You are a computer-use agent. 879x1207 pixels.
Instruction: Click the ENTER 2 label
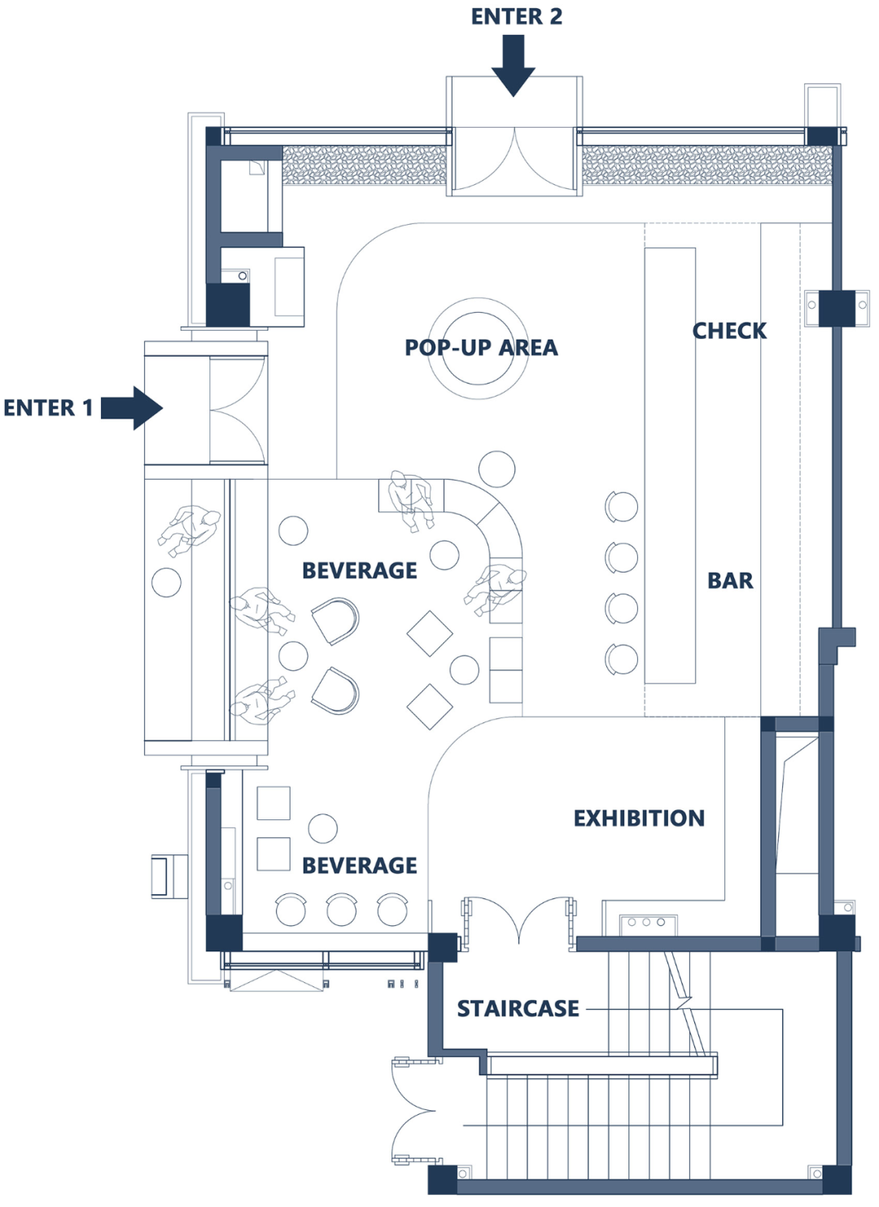coord(517,16)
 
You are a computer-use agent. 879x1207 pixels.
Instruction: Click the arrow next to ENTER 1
coord(132,408)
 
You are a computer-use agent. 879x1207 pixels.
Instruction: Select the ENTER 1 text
coord(49,408)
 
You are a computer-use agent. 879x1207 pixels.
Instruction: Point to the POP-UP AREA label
coord(481,348)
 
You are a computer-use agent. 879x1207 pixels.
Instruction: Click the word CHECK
coord(729,331)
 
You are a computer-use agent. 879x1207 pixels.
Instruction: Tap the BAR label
coord(730,581)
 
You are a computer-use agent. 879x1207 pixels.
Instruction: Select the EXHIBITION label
coord(639,818)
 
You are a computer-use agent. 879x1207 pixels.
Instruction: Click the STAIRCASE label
coord(518,1008)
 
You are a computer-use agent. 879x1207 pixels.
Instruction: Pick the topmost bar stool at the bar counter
coord(622,507)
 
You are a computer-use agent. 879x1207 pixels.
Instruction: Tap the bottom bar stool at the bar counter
coord(622,658)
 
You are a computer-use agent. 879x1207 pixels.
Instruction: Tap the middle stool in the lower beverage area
coord(342,910)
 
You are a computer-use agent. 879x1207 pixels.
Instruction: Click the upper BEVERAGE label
coord(359,571)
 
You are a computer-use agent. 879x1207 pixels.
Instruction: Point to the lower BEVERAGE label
coord(359,866)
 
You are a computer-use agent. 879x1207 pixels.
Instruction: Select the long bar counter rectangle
coord(670,466)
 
